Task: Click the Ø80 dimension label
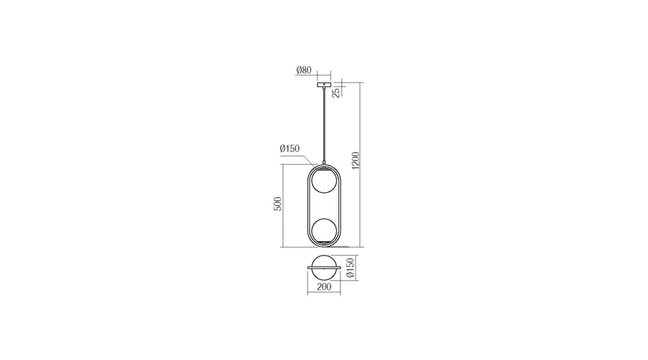304,71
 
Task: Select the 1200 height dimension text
356,161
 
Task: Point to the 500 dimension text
278,204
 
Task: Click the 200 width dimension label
324,287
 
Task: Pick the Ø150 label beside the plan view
350,267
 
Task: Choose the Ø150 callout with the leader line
289,149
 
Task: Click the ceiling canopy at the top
324,85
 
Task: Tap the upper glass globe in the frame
324,181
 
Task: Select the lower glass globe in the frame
324,230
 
